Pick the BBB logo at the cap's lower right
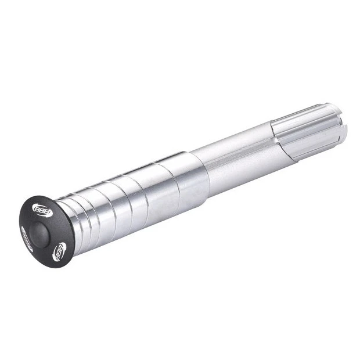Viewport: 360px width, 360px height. click(x=59, y=251)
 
